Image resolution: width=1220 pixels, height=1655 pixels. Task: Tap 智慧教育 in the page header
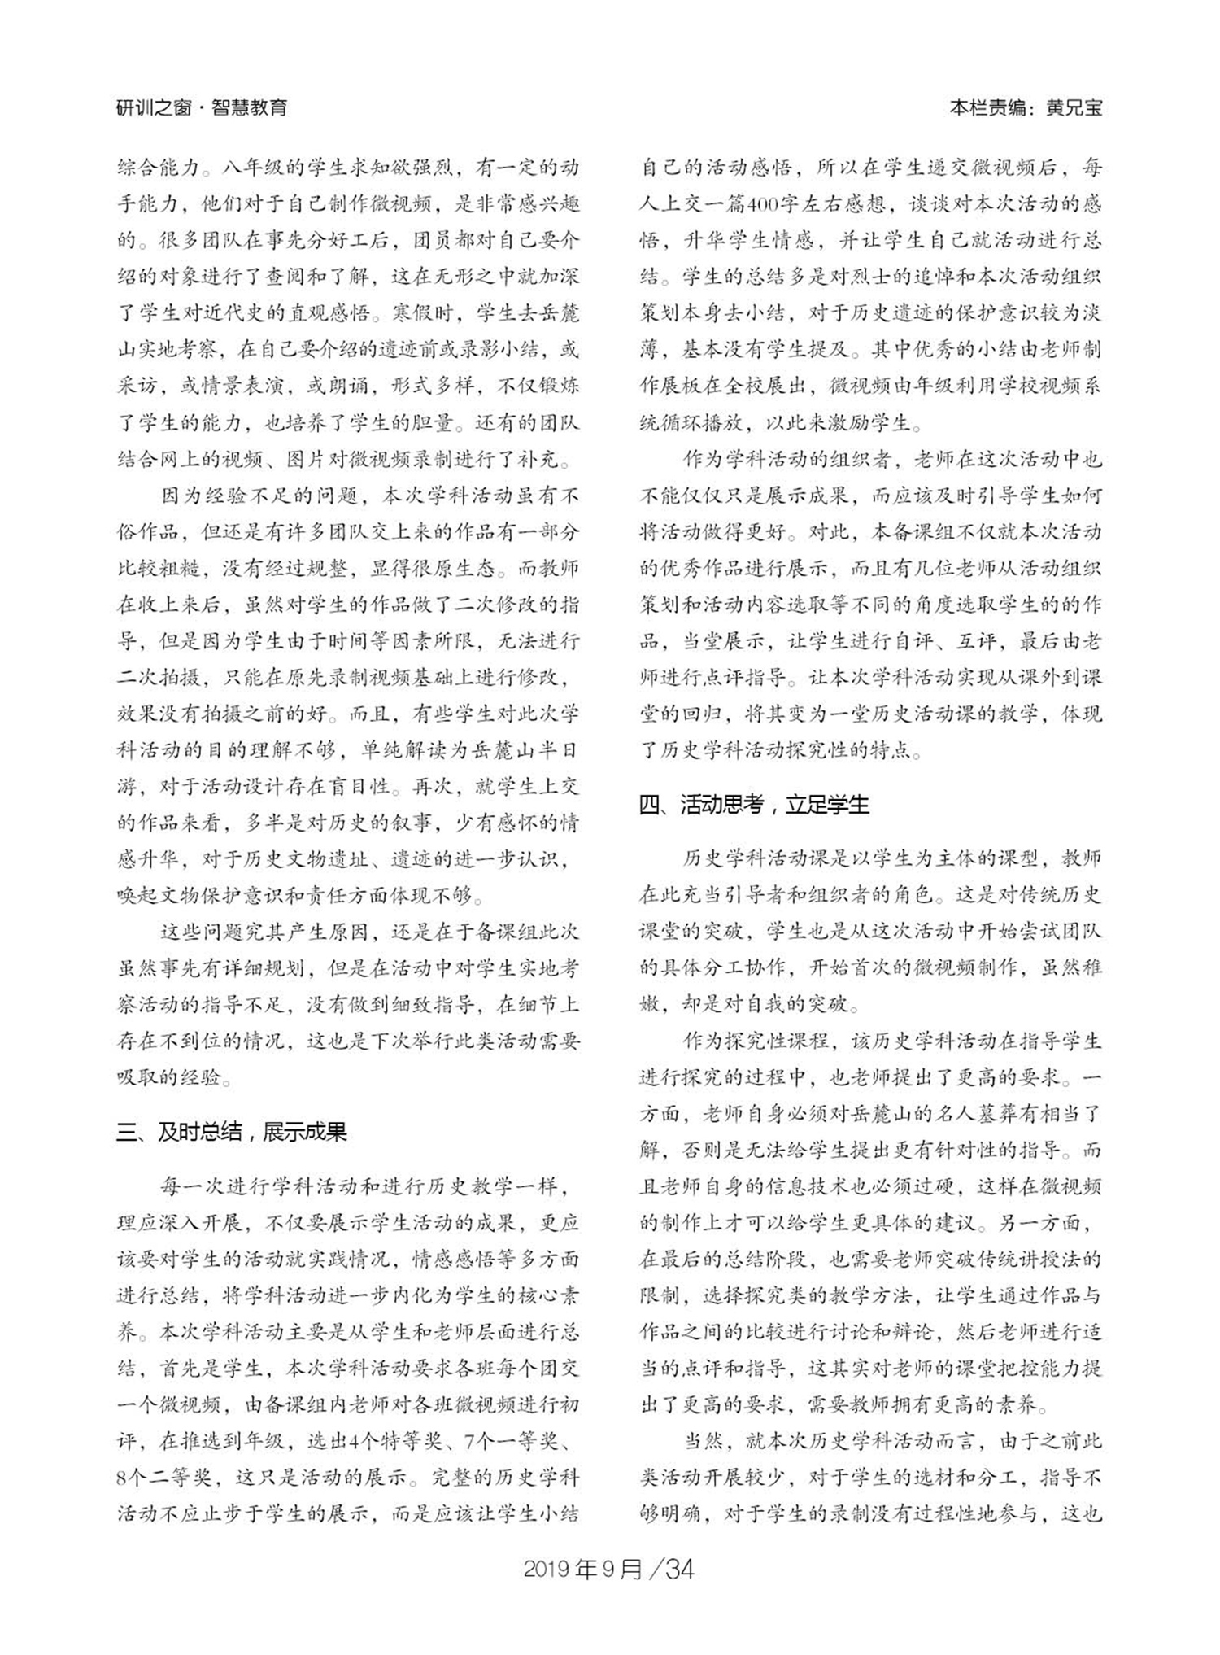coord(249,107)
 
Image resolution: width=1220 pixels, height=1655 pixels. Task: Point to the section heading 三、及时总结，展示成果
coord(231,1132)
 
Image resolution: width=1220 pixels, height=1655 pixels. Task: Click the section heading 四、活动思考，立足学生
coord(753,805)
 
